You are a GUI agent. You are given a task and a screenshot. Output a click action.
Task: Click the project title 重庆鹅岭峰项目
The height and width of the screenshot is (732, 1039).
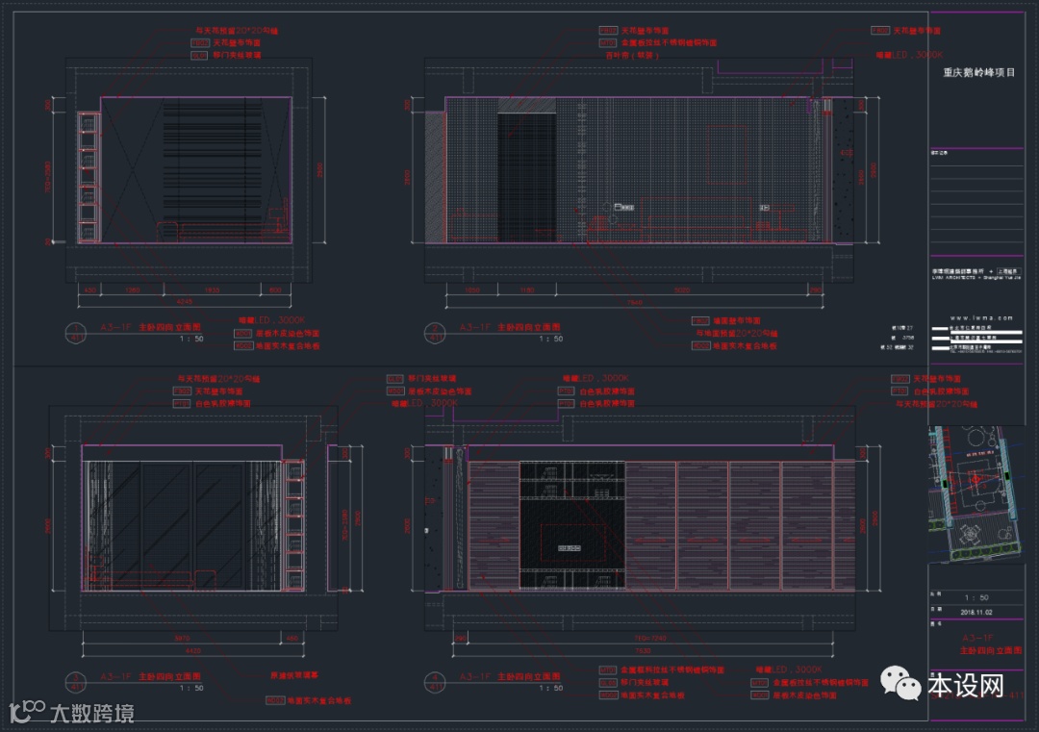point(978,72)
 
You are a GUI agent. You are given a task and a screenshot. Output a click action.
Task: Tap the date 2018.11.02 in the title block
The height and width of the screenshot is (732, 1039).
point(978,611)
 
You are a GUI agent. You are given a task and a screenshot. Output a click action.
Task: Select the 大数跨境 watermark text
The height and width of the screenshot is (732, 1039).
point(91,713)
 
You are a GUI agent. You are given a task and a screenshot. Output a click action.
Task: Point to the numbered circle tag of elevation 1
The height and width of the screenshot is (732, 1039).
point(76,332)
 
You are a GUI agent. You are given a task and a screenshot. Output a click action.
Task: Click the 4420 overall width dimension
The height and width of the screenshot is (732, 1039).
point(192,650)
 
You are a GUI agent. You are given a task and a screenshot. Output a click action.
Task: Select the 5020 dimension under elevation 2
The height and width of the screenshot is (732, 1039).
point(681,289)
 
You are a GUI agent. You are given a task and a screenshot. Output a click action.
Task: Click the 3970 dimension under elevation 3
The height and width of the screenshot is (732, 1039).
point(183,638)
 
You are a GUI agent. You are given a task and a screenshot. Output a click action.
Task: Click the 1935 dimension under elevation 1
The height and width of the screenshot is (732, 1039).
point(213,289)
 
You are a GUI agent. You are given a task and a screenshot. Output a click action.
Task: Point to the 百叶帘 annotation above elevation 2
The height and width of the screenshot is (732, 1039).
point(622,55)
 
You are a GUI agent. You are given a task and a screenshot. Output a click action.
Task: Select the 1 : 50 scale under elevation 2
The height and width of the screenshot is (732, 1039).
point(550,339)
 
